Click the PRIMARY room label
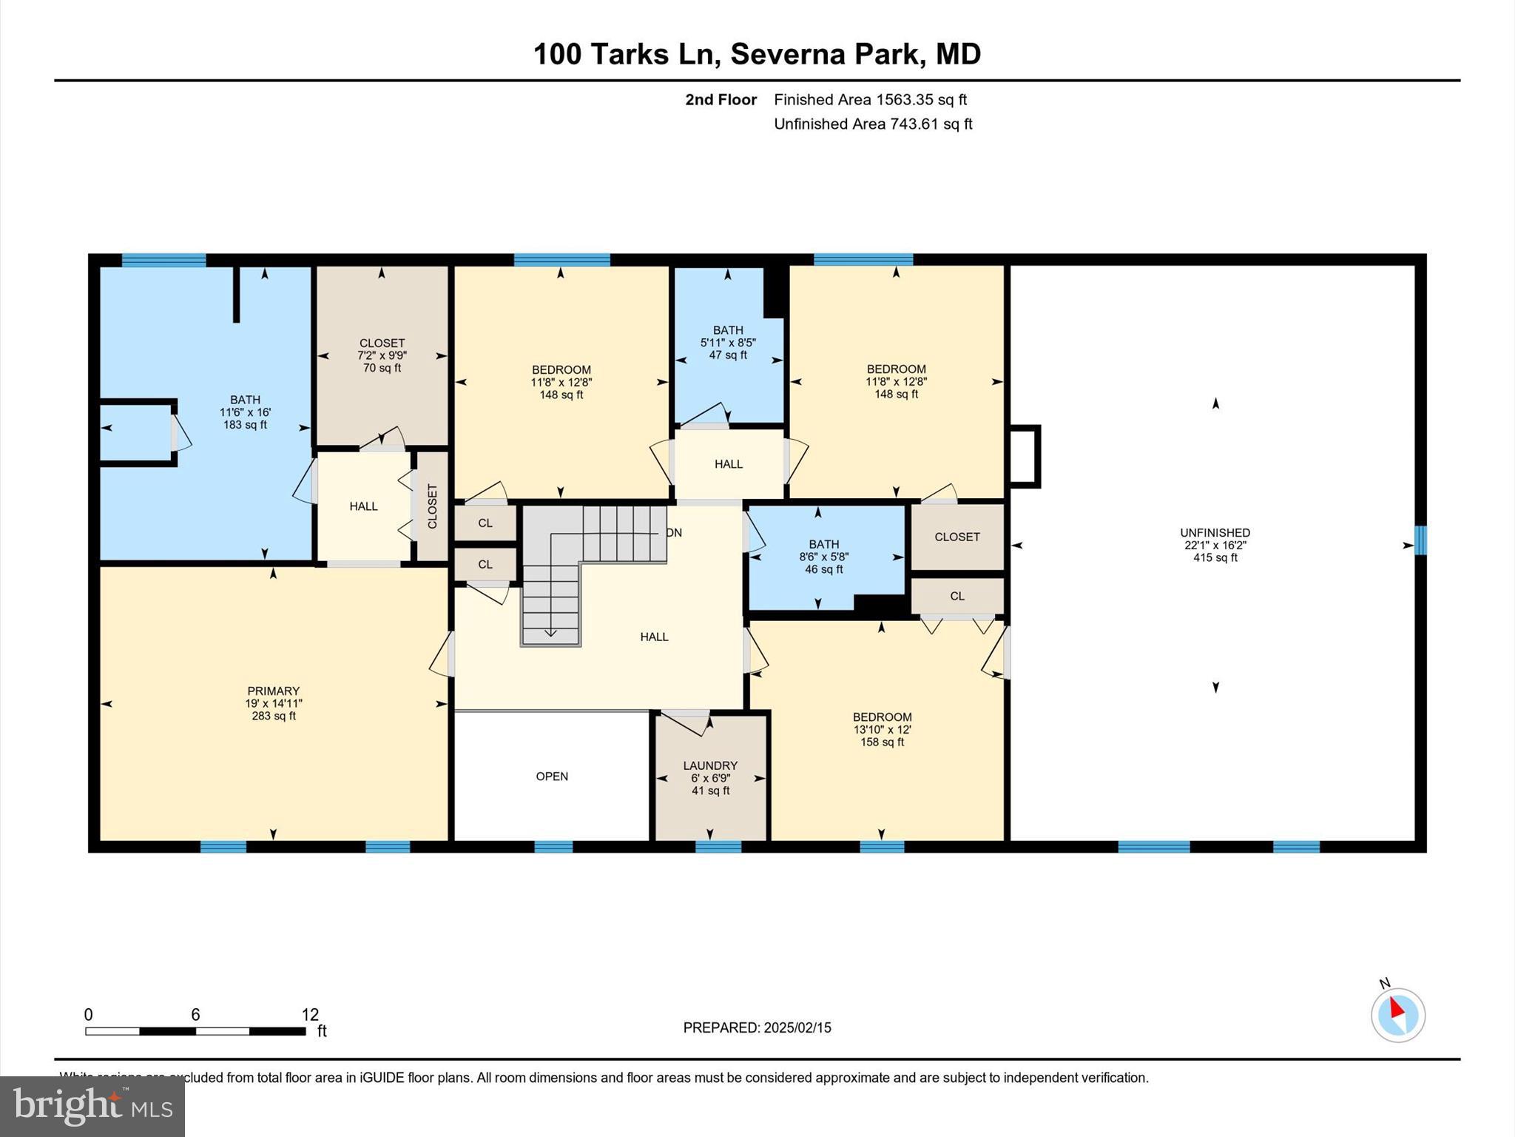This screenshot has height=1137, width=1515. (273, 691)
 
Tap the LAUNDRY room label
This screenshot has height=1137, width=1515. (710, 765)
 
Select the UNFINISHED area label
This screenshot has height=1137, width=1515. (1215, 532)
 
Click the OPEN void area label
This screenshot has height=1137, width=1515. (552, 776)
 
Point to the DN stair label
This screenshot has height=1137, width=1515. (674, 533)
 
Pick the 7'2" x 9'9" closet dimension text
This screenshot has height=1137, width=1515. (382, 355)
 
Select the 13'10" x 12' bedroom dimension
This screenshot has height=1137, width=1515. (882, 729)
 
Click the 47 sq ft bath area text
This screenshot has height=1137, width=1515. (728, 355)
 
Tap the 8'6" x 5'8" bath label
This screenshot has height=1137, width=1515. (823, 557)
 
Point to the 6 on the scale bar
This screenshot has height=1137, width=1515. (195, 1014)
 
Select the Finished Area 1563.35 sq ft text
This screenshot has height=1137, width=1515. (870, 99)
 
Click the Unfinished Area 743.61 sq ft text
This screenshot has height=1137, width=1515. (873, 124)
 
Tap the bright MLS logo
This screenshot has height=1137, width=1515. (92, 1106)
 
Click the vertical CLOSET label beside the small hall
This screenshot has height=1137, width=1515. (433, 506)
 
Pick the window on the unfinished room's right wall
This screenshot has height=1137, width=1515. (1420, 540)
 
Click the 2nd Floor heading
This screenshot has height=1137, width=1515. (721, 99)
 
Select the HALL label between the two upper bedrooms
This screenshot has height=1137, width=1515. (728, 464)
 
